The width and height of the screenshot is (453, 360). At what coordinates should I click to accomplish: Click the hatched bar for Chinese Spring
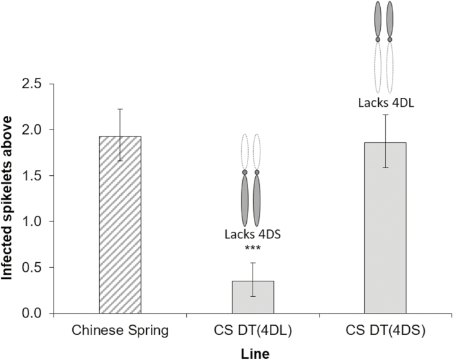[120, 225]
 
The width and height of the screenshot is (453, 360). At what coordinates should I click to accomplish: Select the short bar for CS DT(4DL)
[253, 297]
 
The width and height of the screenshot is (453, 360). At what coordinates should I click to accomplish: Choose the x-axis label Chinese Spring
[120, 331]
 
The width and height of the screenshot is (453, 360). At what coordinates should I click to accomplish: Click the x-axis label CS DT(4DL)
[253, 331]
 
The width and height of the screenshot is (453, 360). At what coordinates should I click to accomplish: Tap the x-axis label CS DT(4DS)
[385, 331]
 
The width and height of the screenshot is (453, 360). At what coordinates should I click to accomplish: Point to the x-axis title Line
[252, 353]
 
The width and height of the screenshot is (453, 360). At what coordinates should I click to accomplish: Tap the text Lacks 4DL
[385, 102]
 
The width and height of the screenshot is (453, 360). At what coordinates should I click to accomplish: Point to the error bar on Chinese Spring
[120, 135]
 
